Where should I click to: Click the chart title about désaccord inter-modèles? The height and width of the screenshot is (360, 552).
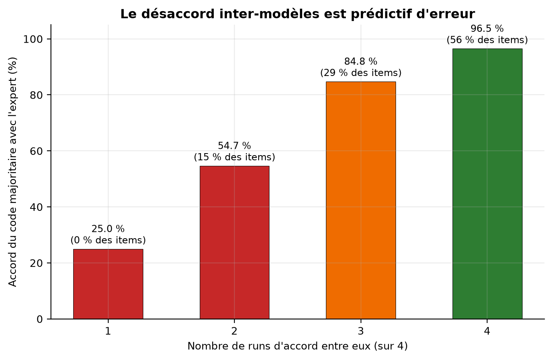(x=297, y=14)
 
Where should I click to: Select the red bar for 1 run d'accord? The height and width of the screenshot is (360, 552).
(x=108, y=284)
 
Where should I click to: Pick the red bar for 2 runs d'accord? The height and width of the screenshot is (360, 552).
(x=234, y=243)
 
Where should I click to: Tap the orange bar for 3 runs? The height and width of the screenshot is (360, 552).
(x=361, y=200)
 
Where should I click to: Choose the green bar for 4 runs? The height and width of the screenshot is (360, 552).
(x=487, y=184)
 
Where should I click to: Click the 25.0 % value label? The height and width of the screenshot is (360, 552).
(x=108, y=229)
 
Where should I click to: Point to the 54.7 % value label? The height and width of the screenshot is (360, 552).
(x=234, y=146)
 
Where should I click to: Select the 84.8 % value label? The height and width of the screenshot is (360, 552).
(x=361, y=62)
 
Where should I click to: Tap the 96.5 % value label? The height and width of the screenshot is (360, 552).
(x=487, y=29)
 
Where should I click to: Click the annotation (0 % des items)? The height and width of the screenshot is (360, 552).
(x=108, y=240)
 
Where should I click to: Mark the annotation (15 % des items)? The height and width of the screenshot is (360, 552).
(x=234, y=157)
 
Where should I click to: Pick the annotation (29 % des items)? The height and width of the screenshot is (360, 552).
(x=361, y=73)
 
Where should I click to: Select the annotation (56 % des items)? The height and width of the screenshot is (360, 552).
(x=487, y=40)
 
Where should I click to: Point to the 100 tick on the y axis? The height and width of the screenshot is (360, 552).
(x=33, y=39)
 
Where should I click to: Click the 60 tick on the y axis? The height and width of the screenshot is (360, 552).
(x=36, y=151)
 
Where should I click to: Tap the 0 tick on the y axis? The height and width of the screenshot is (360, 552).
(x=40, y=319)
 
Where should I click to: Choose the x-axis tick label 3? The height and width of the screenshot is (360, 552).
(x=361, y=331)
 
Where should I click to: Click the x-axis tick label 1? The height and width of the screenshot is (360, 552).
(x=108, y=331)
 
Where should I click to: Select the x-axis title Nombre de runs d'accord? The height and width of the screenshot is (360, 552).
(x=297, y=346)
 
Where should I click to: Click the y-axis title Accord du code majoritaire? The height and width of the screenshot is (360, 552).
(x=12, y=172)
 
